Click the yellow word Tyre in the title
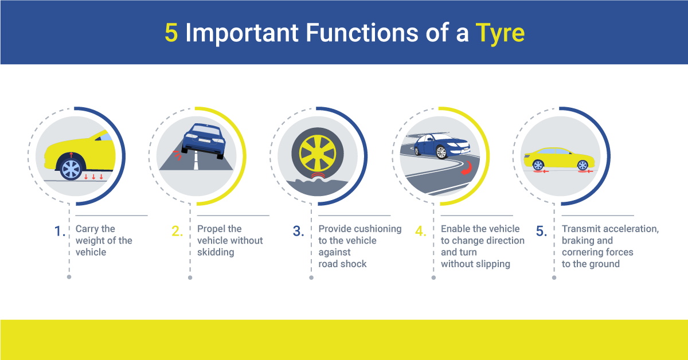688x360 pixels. (500, 33)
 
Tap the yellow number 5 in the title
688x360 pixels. (171, 33)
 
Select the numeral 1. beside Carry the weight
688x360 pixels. (60, 232)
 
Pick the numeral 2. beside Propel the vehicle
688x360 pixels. (177, 232)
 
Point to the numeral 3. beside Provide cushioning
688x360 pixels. (298, 232)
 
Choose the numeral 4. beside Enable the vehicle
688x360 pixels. (421, 232)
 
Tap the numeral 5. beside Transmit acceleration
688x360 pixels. (542, 232)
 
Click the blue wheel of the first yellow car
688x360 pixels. (72, 169)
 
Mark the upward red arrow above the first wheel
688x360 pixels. (71, 154)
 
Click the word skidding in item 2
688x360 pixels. (216, 252)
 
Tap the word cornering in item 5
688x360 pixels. (582, 252)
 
